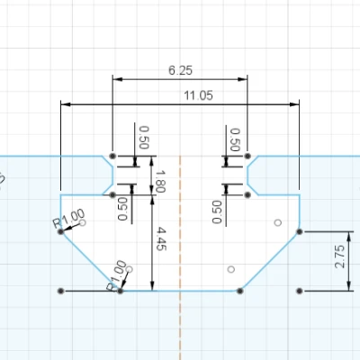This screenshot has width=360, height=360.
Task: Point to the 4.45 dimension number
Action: point(161,242)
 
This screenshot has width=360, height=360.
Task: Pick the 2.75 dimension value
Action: point(339,261)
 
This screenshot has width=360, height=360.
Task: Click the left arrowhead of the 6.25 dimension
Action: point(115,80)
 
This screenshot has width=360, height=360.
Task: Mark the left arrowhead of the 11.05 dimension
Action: point(65,105)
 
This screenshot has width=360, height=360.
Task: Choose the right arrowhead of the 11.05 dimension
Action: point(295,105)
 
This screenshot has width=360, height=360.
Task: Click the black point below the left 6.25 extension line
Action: point(112,156)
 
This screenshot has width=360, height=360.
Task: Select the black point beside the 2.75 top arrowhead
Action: point(299,231)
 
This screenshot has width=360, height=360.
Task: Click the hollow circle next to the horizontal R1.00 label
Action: point(83,222)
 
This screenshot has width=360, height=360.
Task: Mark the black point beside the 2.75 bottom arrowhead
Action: point(299,291)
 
